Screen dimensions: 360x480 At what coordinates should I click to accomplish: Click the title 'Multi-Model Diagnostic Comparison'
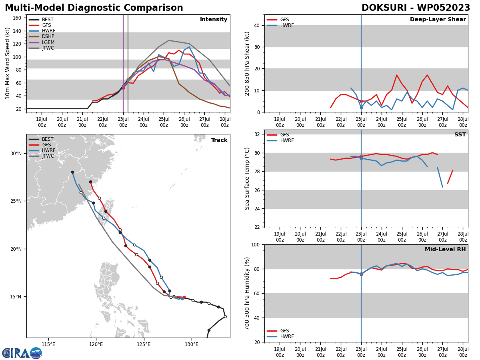click(x=94, y=8)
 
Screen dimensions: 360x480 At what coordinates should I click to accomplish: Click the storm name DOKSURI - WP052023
click(x=416, y=8)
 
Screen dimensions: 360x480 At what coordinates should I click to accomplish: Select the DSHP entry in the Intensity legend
click(x=48, y=36)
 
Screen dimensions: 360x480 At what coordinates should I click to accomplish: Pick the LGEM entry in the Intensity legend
click(x=48, y=42)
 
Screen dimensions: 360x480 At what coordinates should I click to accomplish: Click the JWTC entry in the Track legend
click(x=48, y=156)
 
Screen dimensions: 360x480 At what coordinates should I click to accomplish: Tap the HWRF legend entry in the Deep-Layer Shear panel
click(x=287, y=25)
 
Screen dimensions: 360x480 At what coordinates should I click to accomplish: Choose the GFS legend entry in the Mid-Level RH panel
click(x=284, y=331)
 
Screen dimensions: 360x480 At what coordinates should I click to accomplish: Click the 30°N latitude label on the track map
click(x=16, y=154)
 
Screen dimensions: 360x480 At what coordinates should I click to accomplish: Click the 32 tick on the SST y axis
click(x=257, y=134)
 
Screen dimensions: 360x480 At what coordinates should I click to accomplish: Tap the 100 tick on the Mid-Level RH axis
click(x=256, y=244)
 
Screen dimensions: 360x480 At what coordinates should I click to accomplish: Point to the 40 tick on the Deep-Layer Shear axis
click(x=257, y=25)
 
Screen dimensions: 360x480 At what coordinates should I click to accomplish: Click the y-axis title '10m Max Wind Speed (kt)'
click(x=8, y=63)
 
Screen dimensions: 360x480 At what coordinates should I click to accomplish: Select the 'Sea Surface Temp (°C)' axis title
click(x=247, y=178)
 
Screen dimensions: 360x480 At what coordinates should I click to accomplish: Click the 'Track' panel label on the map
click(x=219, y=140)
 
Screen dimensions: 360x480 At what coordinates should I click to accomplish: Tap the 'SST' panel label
click(x=460, y=135)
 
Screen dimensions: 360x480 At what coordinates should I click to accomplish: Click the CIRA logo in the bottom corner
click(x=22, y=353)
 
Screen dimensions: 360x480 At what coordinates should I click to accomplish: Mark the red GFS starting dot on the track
click(x=184, y=297)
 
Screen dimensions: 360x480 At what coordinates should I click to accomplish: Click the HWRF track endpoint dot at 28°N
click(x=72, y=172)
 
